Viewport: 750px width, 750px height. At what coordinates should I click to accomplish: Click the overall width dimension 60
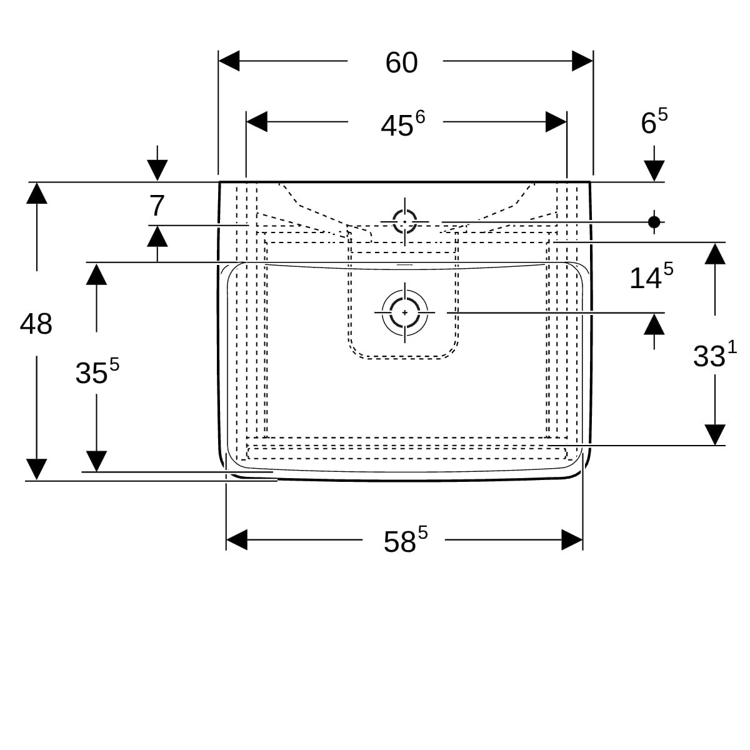[401, 62]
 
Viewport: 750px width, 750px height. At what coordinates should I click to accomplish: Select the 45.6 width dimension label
[402, 124]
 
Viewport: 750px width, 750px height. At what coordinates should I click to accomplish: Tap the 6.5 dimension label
[654, 121]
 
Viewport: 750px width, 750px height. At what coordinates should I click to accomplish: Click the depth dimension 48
[36, 324]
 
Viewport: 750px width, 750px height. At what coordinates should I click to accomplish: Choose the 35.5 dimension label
[97, 371]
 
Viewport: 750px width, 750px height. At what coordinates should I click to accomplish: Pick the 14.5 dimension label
[651, 276]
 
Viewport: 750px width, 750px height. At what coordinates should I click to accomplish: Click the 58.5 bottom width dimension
[405, 539]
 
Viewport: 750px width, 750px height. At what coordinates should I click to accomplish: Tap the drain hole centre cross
[405, 312]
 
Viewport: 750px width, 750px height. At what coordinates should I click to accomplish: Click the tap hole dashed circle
[405, 222]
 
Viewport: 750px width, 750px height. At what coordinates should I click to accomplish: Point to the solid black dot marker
[654, 222]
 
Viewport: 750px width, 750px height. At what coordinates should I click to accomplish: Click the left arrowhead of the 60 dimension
[229, 61]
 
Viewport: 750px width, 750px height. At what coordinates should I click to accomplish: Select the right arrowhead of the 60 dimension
[582, 61]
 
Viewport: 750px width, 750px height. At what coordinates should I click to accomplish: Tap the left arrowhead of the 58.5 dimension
[237, 540]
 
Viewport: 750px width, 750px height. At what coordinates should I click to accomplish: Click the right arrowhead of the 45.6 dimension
[556, 122]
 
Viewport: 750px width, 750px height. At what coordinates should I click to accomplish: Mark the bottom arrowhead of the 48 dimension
[37, 469]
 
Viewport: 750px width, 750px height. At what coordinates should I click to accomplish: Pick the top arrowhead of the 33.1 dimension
[715, 254]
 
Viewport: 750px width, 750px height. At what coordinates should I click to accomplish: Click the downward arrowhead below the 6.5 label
[654, 171]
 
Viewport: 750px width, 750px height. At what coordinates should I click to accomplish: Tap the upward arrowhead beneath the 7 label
[157, 236]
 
